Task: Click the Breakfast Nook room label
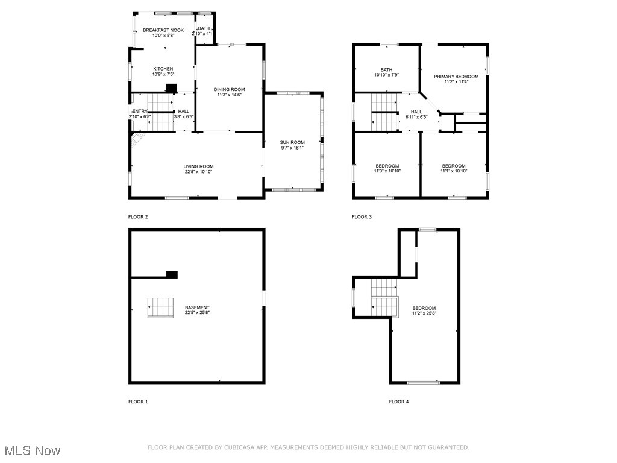pos(163,30)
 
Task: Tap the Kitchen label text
pos(163,69)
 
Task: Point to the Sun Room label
pos(292,142)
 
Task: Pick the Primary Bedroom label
pos(456,77)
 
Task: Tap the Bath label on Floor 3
pos(386,69)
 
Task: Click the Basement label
pos(197,307)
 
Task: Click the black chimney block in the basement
pos(172,274)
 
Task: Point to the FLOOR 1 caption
pos(138,402)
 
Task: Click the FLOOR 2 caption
pos(138,217)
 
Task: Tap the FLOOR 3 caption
pos(362,217)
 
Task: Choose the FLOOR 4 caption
pos(399,402)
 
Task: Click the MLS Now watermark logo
pos(32,450)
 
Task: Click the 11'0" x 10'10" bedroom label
pos(387,171)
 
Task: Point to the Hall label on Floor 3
pos(416,112)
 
